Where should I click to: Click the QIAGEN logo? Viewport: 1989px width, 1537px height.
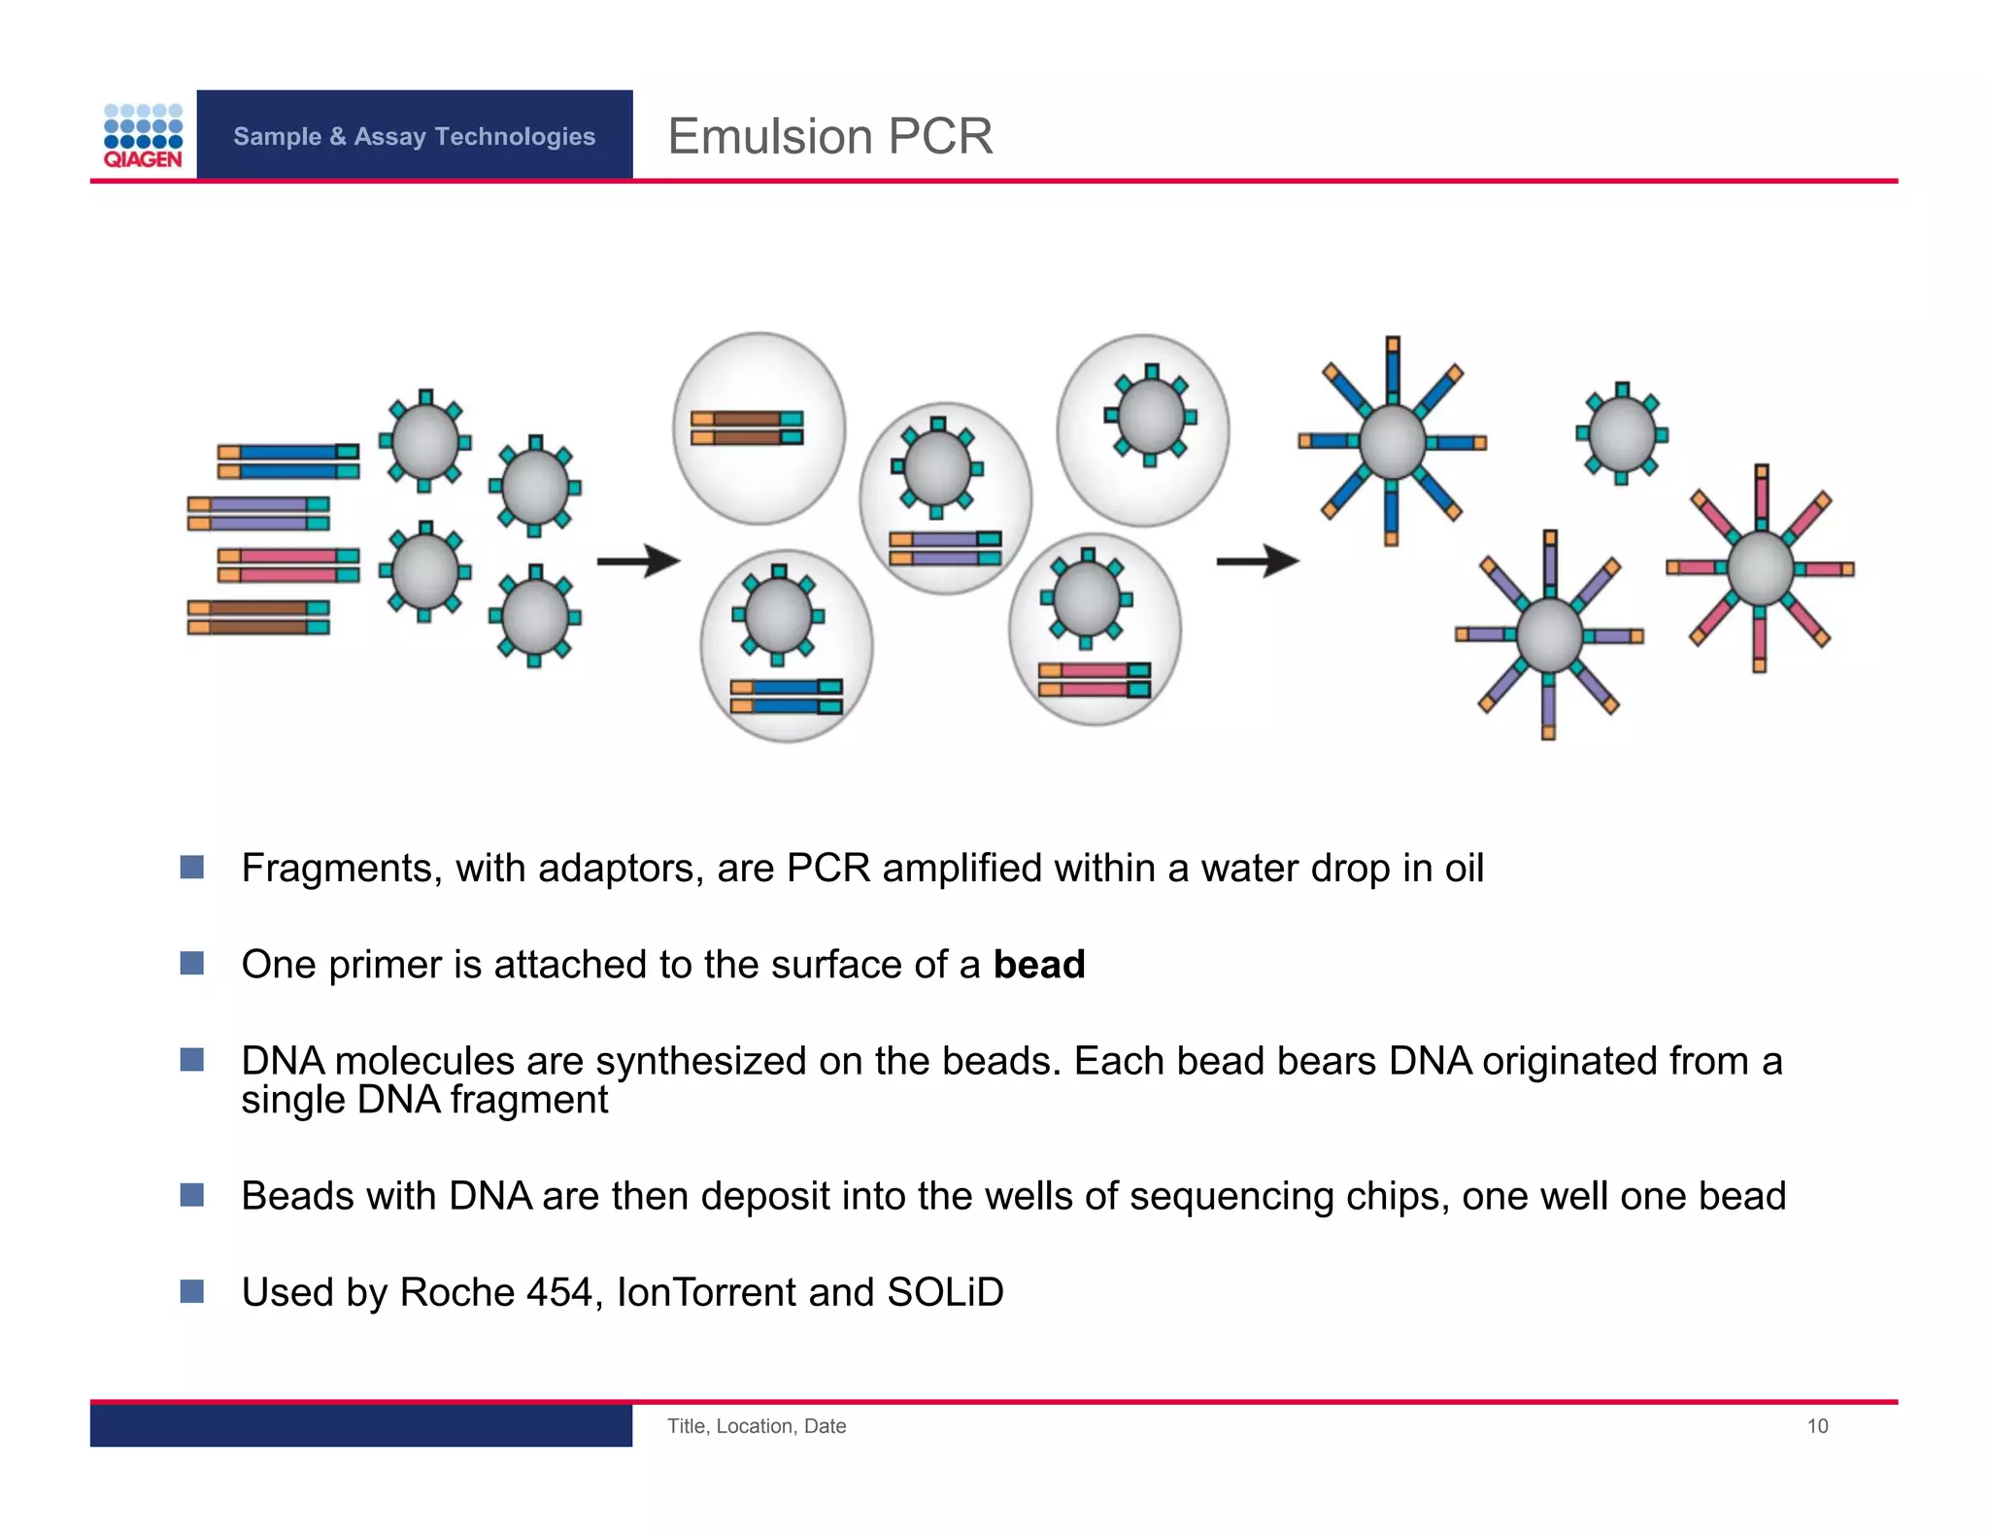click(143, 136)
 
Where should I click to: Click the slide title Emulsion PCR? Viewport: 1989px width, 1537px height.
click(829, 136)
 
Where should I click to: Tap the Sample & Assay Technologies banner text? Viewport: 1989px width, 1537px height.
click(414, 136)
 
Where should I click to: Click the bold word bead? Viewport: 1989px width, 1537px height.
click(1038, 965)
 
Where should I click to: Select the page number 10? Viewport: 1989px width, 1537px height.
click(1816, 1425)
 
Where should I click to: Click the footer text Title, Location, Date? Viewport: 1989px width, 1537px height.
click(756, 1425)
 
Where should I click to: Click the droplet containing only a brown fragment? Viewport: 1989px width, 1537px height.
click(759, 428)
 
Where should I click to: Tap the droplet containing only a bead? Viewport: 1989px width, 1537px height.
click(1143, 430)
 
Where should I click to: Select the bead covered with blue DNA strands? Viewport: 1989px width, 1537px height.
click(1392, 442)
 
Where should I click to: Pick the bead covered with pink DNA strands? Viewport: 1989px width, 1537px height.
click(1760, 568)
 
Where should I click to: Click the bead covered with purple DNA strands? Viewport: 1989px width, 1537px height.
click(1548, 635)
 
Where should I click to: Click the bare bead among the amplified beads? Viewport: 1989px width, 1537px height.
click(1621, 433)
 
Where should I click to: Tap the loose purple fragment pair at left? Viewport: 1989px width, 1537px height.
click(258, 514)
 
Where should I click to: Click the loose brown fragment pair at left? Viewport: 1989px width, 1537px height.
click(258, 617)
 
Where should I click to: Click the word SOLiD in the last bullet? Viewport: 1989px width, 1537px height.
click(944, 1292)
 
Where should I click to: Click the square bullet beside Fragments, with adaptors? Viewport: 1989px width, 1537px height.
click(192, 867)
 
